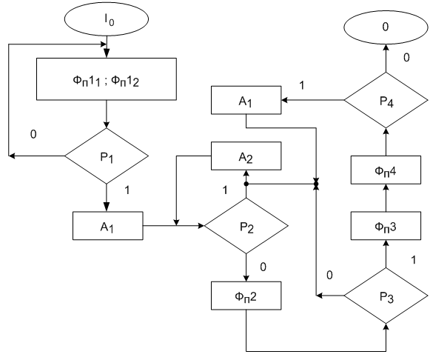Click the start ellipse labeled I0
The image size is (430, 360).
coord(107,19)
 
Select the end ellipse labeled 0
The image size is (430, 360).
coord(386,27)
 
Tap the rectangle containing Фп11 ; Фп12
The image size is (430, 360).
coord(107,79)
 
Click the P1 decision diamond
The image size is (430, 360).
coord(107,156)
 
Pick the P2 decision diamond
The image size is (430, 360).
coord(246,226)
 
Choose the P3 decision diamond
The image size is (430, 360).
coord(386,296)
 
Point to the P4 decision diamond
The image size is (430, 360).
coord(386,100)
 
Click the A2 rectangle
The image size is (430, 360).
coord(246,156)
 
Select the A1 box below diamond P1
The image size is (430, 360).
coord(108,226)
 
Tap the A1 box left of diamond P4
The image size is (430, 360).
coord(246,100)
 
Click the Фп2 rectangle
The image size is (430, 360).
coord(246,296)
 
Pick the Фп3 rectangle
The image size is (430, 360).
coord(386,226)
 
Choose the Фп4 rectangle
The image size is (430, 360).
coord(386,170)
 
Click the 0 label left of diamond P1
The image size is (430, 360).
coord(33,135)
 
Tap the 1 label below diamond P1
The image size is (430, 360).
coord(127,190)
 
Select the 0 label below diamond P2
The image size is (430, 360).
coord(263,267)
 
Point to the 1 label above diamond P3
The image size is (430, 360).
coord(414,260)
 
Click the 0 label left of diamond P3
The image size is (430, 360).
coord(329,276)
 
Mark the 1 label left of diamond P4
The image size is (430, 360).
coord(302,85)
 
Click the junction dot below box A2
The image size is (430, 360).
coord(246,184)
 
